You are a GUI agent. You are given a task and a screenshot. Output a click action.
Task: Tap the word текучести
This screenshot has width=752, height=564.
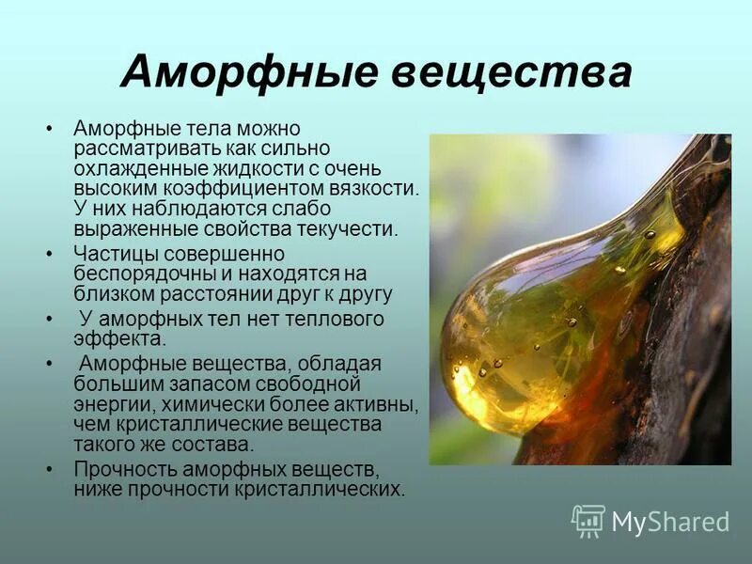341,227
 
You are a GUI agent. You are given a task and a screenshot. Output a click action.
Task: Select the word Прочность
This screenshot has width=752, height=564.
119,469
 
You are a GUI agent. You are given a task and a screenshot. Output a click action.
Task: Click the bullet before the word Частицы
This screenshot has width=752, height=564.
49,254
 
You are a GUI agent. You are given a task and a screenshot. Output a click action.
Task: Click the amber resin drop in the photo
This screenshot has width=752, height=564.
526,338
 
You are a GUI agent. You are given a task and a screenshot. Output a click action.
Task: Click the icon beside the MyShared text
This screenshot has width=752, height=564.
588,521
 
